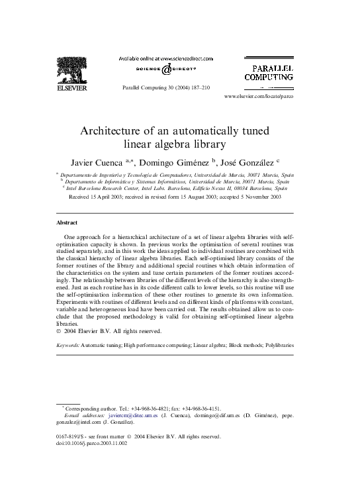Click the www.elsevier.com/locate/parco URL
(259, 97)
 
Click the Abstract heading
(66, 222)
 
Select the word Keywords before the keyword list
(67, 346)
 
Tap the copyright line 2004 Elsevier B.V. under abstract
(112, 331)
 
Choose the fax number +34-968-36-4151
(201, 409)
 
